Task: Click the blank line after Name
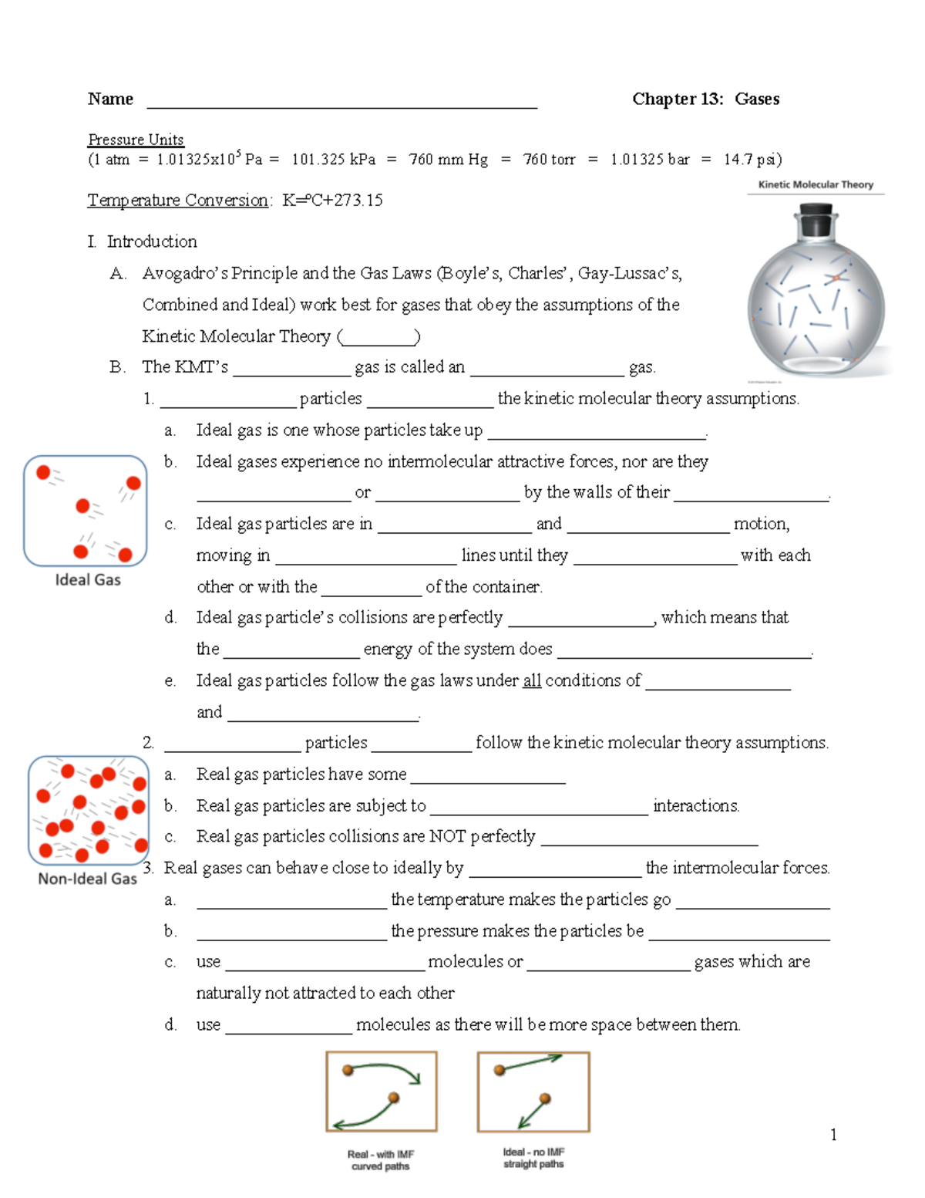point(341,102)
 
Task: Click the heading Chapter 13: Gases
point(705,99)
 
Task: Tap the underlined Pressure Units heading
point(136,140)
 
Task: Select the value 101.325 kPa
point(333,160)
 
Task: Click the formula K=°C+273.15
point(332,201)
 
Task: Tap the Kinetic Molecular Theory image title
point(816,184)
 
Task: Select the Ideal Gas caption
point(88,580)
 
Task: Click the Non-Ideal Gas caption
point(88,879)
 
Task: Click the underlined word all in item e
point(532,680)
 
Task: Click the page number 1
point(833,1134)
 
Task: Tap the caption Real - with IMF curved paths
point(381,1160)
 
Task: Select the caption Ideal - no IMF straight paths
point(533,1158)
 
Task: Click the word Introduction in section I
point(152,241)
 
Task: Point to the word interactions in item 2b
point(696,805)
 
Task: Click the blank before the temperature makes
point(291,901)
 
